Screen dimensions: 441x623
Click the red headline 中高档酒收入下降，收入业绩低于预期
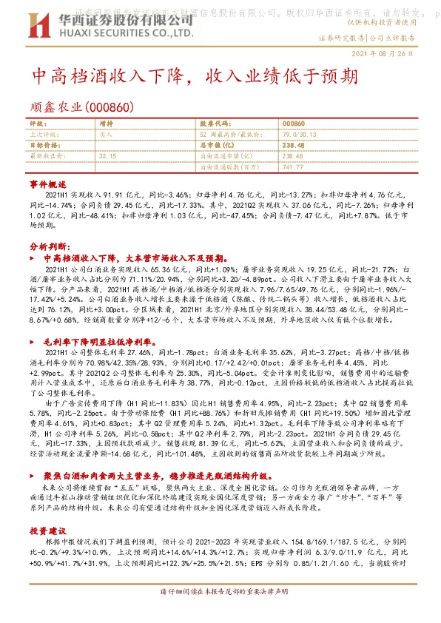pos(198,78)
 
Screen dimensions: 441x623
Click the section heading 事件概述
pos(43,181)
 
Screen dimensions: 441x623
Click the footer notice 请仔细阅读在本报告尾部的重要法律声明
pos(220,612)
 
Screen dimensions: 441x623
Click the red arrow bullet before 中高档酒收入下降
pos(32,259)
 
